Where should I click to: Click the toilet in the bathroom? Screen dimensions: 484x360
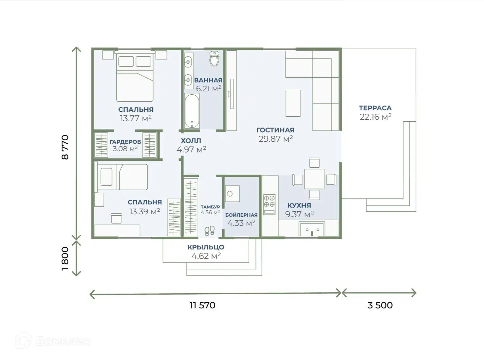click(214, 59)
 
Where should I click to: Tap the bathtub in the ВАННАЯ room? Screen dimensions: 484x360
click(192, 111)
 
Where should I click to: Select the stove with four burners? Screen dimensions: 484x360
click(269, 204)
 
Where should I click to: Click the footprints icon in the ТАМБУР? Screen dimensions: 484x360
click(210, 231)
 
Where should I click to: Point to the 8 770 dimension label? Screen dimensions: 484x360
click(65, 147)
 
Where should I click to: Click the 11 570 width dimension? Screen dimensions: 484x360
click(203, 305)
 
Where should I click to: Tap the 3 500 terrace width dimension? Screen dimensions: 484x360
click(380, 305)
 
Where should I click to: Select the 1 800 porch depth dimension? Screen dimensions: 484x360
click(65, 259)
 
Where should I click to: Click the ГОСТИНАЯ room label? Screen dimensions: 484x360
click(275, 130)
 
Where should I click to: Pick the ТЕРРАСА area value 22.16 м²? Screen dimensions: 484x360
click(375, 117)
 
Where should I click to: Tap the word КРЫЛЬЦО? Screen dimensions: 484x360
click(206, 247)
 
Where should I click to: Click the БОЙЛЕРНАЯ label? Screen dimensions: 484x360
click(242, 215)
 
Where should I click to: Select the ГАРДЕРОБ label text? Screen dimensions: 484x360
click(125, 142)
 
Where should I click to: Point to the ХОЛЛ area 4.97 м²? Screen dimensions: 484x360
click(192, 149)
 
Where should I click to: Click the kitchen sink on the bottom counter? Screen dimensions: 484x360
click(312, 229)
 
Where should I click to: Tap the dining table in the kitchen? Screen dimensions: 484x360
click(314, 179)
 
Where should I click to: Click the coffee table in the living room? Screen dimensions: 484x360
click(293, 103)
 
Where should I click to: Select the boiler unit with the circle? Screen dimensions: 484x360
click(233, 194)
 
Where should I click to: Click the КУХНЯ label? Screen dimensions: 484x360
click(299, 205)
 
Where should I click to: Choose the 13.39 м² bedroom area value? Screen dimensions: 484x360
click(145, 211)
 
